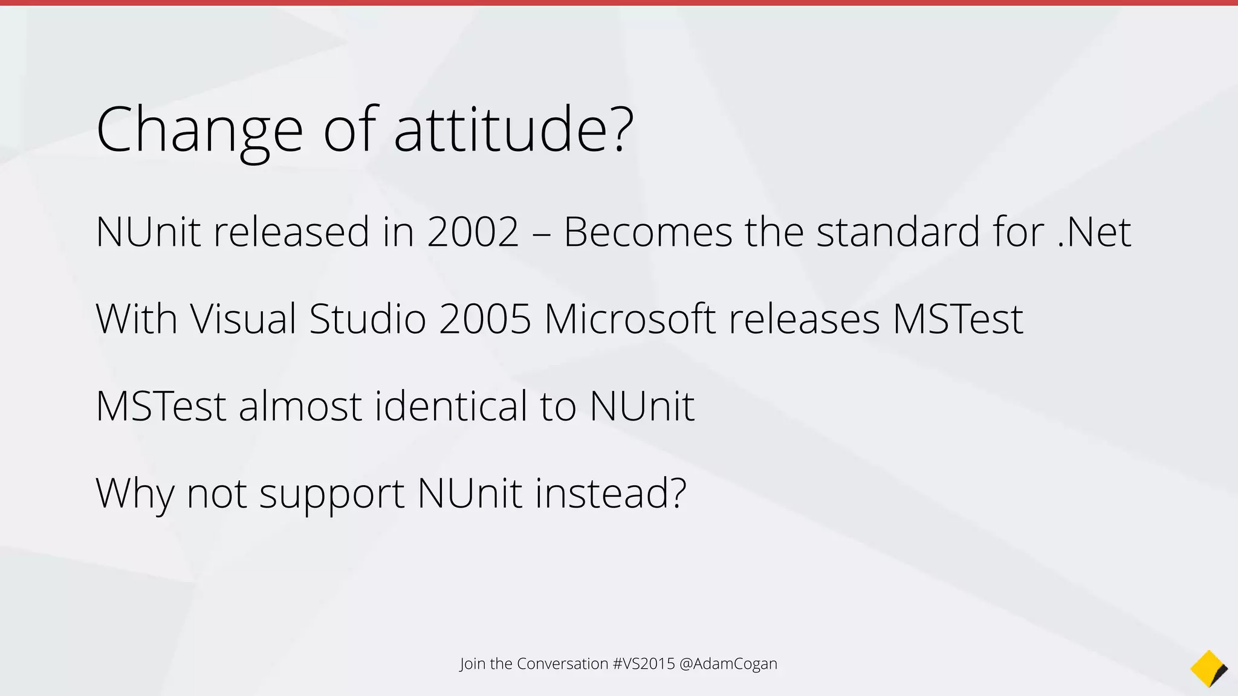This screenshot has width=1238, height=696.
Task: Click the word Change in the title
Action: click(x=199, y=130)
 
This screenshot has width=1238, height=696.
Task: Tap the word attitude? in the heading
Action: click(x=514, y=129)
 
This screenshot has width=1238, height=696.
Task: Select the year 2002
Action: click(x=473, y=232)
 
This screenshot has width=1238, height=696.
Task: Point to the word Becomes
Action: click(x=647, y=232)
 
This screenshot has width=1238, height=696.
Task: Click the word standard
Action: click(x=898, y=232)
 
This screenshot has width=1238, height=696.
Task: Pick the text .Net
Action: click(x=1094, y=232)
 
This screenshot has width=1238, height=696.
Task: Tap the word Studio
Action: click(x=368, y=319)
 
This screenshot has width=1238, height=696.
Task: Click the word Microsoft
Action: click(x=630, y=319)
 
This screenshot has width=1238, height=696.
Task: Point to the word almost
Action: click(x=300, y=406)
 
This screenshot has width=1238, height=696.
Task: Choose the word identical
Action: click(x=451, y=406)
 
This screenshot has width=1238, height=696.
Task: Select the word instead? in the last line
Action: click(x=611, y=493)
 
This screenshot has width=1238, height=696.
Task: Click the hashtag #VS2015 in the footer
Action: click(x=643, y=664)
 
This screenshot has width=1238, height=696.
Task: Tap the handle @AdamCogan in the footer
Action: click(x=728, y=664)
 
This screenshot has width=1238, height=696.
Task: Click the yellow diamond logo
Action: click(x=1208, y=669)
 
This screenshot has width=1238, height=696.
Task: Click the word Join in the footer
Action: click(x=472, y=664)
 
